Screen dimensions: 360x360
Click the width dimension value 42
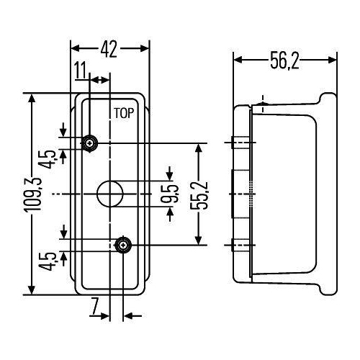(x=109, y=49)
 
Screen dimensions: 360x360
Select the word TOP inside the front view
(x=123, y=113)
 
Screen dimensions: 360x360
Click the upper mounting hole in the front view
(x=90, y=143)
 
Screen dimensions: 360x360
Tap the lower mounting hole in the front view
(x=124, y=246)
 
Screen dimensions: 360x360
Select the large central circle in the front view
(x=109, y=193)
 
